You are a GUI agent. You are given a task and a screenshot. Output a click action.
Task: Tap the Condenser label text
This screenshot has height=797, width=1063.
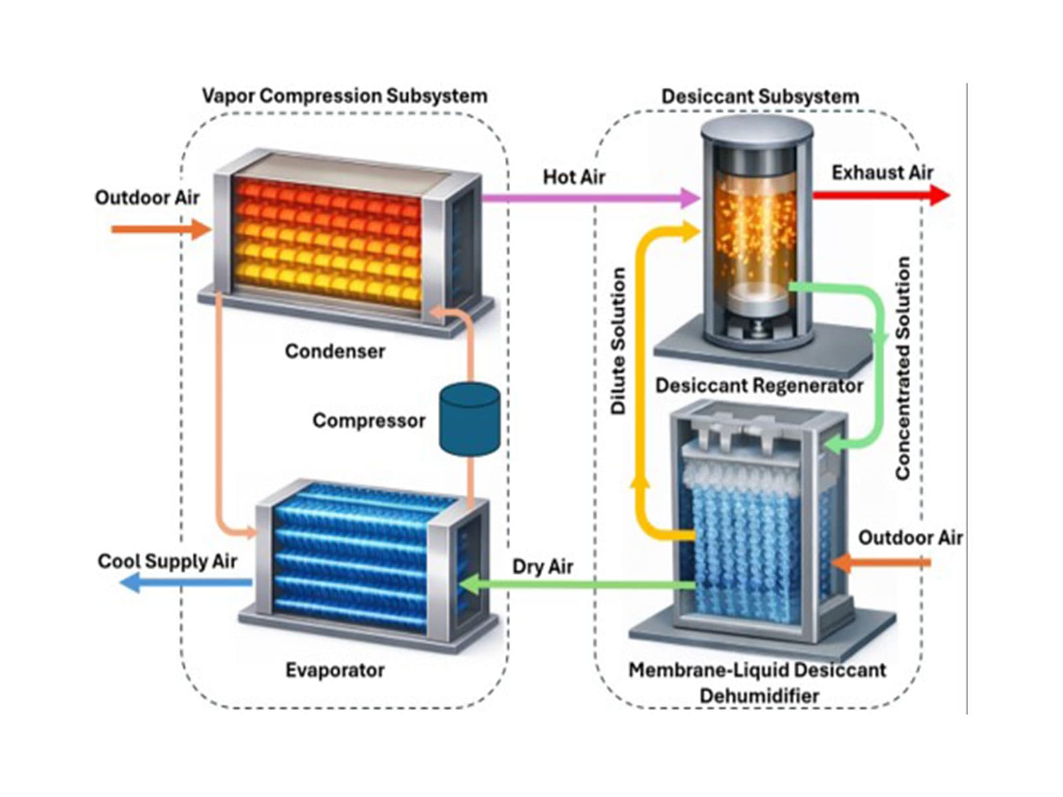(x=335, y=351)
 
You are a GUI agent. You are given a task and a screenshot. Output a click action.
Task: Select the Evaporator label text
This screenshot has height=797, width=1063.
(x=335, y=669)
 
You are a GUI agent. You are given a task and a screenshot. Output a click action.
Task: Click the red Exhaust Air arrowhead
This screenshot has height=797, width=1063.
(x=939, y=195)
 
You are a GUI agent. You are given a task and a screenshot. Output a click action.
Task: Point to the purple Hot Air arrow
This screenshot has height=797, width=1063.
(x=585, y=197)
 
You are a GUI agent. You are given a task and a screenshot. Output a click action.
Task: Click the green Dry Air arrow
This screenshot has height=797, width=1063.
(x=578, y=585)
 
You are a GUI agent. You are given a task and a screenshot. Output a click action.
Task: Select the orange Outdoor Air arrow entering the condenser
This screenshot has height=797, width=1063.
(x=159, y=230)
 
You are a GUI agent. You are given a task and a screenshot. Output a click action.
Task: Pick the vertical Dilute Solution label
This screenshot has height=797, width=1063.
(x=619, y=341)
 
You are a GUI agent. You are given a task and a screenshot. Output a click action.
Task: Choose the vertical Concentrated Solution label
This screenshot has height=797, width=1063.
(x=903, y=369)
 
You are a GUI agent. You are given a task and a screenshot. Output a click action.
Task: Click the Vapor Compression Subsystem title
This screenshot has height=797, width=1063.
(x=344, y=96)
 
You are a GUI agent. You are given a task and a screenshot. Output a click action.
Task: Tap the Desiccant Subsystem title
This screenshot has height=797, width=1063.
(x=760, y=96)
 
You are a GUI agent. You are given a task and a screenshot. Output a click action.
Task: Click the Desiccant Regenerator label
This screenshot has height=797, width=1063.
(x=759, y=385)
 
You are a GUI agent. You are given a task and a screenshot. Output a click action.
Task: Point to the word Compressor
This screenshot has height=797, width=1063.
(x=369, y=420)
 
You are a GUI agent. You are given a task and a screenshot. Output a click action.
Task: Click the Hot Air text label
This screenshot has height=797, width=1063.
(x=574, y=177)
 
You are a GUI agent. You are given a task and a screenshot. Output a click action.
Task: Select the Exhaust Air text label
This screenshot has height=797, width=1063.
(x=882, y=173)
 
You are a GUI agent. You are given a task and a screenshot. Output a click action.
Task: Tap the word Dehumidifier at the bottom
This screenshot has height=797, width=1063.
(x=759, y=695)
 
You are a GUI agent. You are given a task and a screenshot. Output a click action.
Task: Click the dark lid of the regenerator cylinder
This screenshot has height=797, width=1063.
(x=757, y=132)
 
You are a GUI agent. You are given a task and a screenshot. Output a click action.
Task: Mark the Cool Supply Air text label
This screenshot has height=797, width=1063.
(x=167, y=561)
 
